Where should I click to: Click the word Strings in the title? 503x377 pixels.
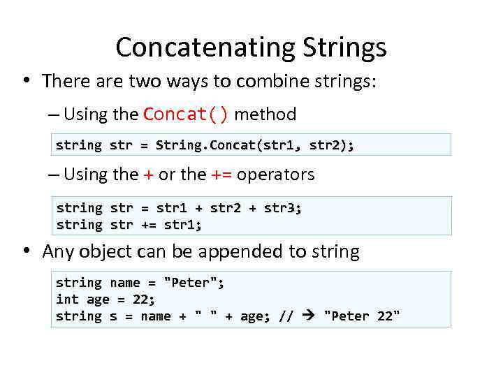[x=344, y=47]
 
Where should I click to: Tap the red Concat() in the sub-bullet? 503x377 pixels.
[x=185, y=114]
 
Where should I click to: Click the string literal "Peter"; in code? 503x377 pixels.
[x=194, y=283]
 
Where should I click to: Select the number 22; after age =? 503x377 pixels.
[x=143, y=300]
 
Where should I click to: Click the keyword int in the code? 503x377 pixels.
[x=67, y=300]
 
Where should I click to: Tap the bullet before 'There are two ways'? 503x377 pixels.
[x=25, y=81]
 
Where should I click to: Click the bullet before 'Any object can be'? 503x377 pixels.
[x=25, y=251]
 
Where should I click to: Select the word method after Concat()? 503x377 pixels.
[x=265, y=114]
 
